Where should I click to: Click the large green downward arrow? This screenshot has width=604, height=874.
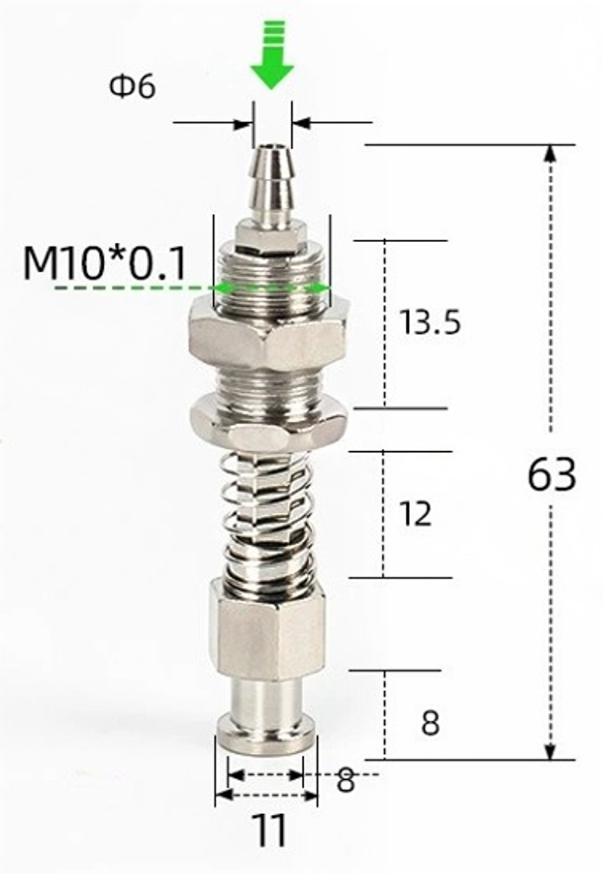(272, 60)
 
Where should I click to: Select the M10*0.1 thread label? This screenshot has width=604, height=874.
(104, 263)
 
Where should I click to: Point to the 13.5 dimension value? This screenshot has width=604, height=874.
(430, 323)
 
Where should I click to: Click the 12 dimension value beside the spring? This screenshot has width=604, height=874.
(416, 514)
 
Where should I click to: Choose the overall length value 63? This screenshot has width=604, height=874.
(551, 475)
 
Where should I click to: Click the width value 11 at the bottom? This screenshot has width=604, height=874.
(270, 832)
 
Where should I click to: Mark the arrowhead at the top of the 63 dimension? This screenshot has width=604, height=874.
(549, 155)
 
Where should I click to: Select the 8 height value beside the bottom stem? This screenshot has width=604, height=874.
(430, 724)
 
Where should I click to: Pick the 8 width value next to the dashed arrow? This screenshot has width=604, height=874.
(345, 781)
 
